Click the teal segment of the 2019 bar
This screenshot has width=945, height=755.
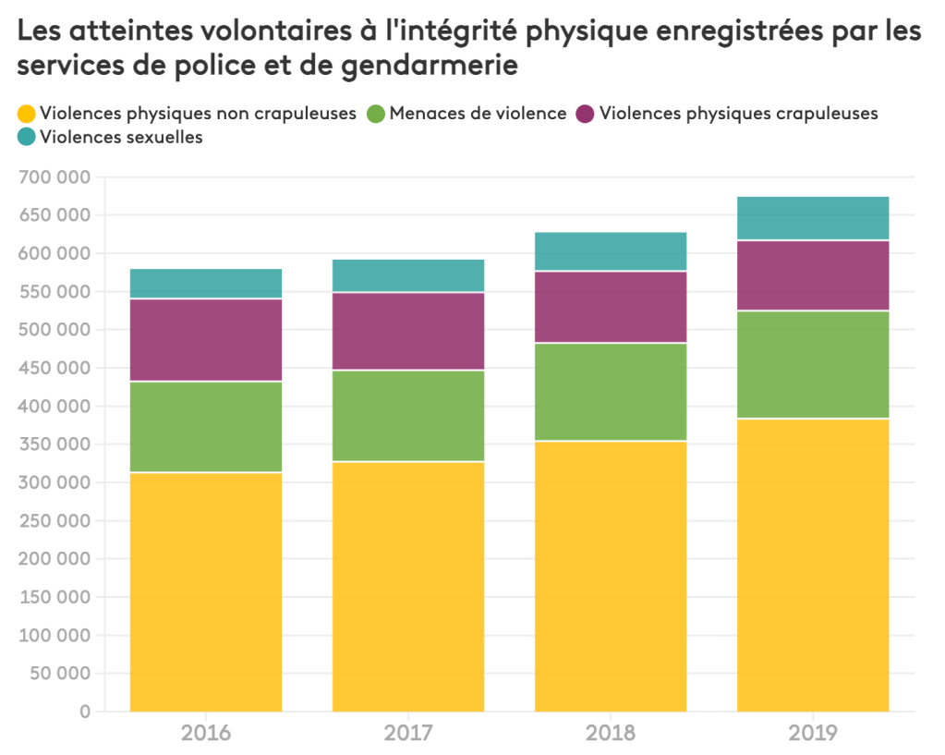click(x=813, y=218)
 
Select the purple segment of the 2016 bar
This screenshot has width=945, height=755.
click(x=206, y=339)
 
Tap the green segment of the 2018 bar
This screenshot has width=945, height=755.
click(x=611, y=392)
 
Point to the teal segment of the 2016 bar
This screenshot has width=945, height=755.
click(x=206, y=284)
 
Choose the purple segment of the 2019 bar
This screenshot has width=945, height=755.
click(x=813, y=275)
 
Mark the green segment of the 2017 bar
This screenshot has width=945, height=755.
click(x=408, y=415)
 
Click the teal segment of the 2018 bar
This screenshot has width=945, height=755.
click(x=611, y=251)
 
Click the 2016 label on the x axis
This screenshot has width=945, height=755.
click(x=206, y=734)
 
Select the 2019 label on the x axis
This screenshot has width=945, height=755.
click(x=813, y=734)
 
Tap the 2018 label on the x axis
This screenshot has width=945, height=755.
click(x=611, y=734)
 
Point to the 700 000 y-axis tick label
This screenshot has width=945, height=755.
click(x=55, y=177)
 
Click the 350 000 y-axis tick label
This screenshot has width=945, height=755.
click(x=55, y=444)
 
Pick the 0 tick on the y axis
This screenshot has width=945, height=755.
click(x=86, y=712)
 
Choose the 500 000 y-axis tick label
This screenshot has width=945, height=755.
click(x=55, y=330)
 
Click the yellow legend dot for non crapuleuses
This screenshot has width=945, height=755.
click(x=27, y=114)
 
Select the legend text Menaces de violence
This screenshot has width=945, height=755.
click(x=478, y=114)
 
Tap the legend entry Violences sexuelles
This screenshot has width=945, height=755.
click(x=122, y=138)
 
